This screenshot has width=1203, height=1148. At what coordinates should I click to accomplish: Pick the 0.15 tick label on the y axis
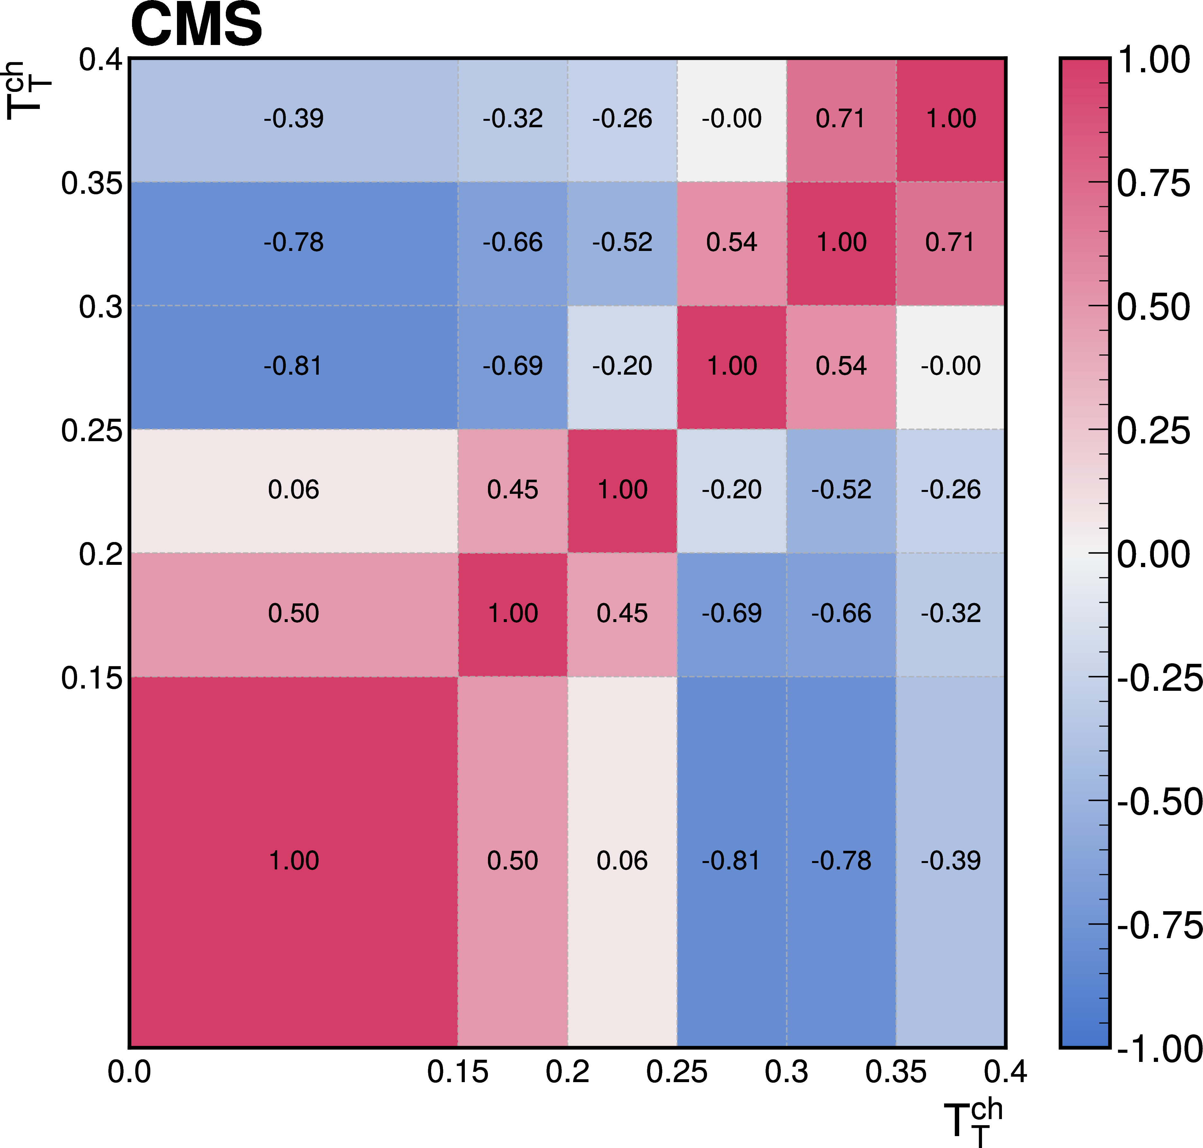92,678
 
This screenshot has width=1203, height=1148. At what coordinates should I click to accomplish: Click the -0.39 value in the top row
294,118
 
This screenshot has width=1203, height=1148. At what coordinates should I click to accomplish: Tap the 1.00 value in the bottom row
294,860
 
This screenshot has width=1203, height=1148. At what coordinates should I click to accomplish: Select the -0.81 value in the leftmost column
294,366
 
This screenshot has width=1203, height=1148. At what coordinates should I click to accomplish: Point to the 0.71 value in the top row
841,118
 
